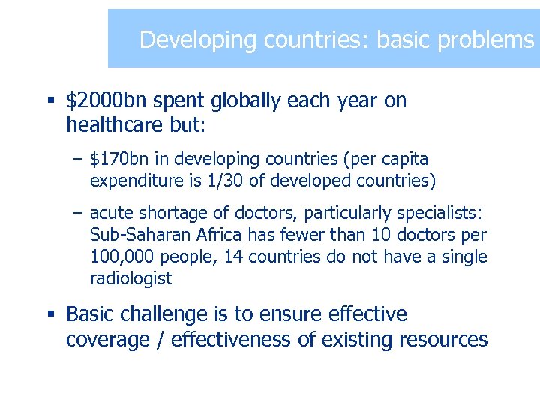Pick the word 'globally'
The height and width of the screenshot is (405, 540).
tap(239, 100)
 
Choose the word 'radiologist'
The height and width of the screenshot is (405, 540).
tap(130, 279)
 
